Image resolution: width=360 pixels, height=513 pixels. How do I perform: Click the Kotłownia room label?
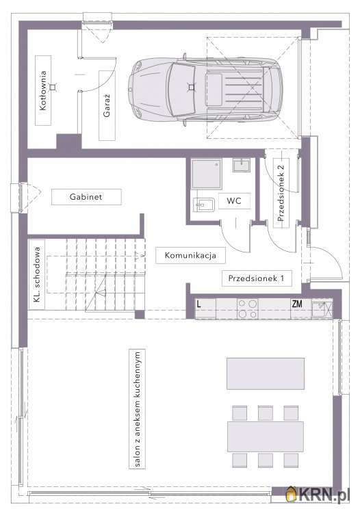pos(43,90)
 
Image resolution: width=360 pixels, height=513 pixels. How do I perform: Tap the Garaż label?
pos(107,105)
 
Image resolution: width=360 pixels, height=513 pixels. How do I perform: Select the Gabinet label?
pos(86,197)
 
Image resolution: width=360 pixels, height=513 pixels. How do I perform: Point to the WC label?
pos(233,201)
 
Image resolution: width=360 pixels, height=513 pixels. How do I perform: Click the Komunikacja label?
pos(190,255)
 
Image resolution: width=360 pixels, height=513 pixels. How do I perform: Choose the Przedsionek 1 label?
pos(256,278)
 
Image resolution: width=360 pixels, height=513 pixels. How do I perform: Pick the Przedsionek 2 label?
pos(281,193)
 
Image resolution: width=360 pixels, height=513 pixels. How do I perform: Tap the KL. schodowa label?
pos(38,274)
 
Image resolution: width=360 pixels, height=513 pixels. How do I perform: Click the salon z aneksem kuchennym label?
pos(137,409)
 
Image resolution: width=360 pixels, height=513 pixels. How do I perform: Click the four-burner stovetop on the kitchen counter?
pos(248,309)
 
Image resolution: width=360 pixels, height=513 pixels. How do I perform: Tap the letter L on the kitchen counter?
pos(198,304)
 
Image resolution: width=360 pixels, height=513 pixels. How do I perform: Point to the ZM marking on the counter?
pos(297,304)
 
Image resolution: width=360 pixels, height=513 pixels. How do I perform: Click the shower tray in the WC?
pos(206,174)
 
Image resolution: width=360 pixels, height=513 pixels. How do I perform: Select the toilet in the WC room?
pos(203,205)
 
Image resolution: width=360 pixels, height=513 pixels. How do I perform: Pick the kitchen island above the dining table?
pos(266,373)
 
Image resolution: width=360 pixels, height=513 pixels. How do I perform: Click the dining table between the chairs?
pos(266,437)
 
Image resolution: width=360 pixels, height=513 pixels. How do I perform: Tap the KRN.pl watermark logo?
pos(316,494)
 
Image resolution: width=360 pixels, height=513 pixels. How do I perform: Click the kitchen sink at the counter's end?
pos(322,308)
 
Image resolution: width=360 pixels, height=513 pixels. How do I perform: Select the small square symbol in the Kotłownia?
pos(52,87)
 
